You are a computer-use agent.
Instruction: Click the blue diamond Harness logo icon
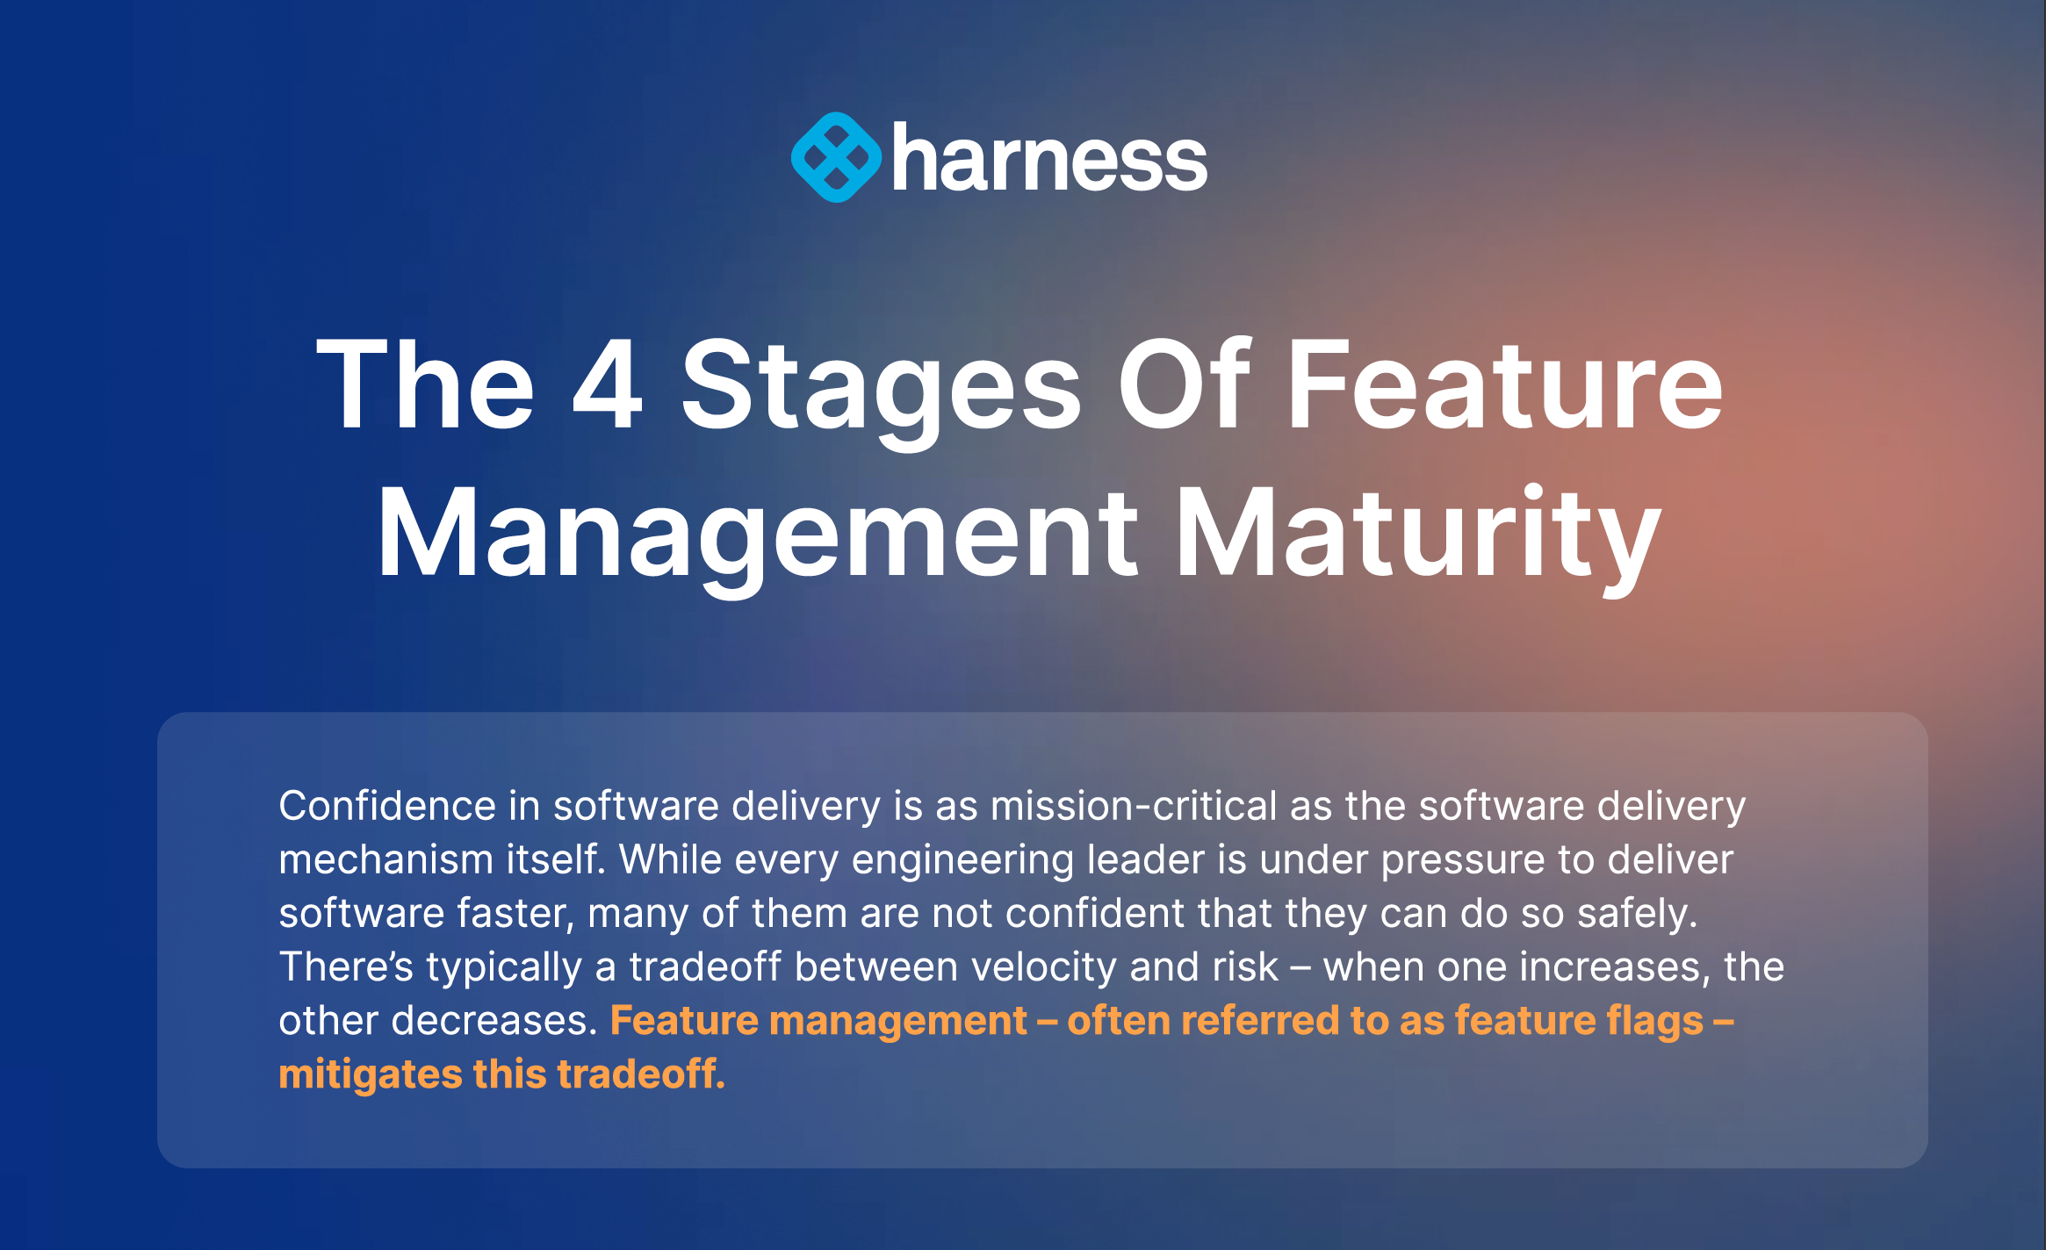click(836, 157)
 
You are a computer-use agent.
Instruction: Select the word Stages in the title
click(881, 392)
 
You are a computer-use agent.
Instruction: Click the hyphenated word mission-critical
click(1134, 806)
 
